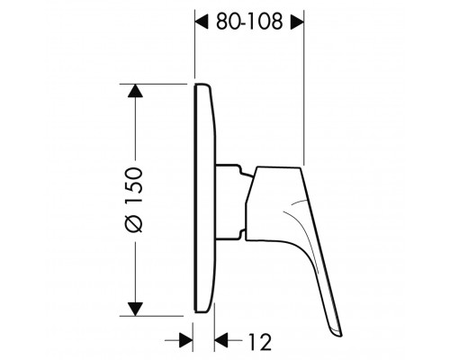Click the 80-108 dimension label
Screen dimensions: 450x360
249,22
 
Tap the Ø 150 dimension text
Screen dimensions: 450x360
134,200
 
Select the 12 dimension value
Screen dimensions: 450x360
260,341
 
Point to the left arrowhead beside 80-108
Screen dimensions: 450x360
202,22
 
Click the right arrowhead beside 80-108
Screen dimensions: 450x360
297,22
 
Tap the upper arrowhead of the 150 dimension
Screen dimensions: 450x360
135,91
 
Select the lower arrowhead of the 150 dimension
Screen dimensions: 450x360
135,310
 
